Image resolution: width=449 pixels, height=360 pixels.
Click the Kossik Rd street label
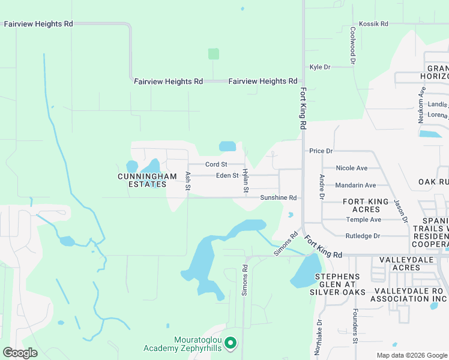(x=373, y=24)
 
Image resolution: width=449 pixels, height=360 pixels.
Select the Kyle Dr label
(x=320, y=67)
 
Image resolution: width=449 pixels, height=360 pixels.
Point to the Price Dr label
(x=321, y=151)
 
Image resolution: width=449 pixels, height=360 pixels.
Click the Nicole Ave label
(x=352, y=168)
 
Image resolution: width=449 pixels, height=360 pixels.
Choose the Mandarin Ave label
(x=356, y=185)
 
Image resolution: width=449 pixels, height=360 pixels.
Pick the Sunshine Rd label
(x=279, y=197)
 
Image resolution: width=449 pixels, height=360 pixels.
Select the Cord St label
(x=216, y=164)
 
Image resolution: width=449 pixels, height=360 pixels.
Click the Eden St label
(x=228, y=175)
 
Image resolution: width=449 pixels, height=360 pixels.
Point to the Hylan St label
(x=246, y=181)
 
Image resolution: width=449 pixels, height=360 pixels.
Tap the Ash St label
(x=188, y=181)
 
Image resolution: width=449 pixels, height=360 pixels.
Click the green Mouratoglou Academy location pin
(x=230, y=344)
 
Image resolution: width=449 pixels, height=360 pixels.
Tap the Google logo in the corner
(x=20, y=353)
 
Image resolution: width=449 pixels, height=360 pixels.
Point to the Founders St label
(x=355, y=326)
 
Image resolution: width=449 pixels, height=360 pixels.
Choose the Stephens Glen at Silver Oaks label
(x=337, y=284)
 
